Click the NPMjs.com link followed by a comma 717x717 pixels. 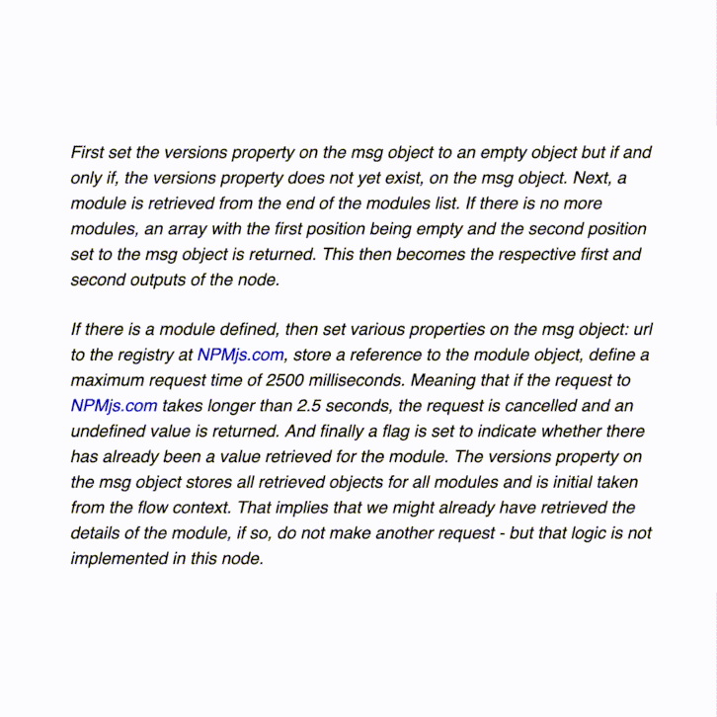[240, 356]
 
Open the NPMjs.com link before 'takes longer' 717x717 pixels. [114, 406]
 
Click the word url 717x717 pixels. [637, 330]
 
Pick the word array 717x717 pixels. [187, 229]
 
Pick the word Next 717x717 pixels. [591, 179]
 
